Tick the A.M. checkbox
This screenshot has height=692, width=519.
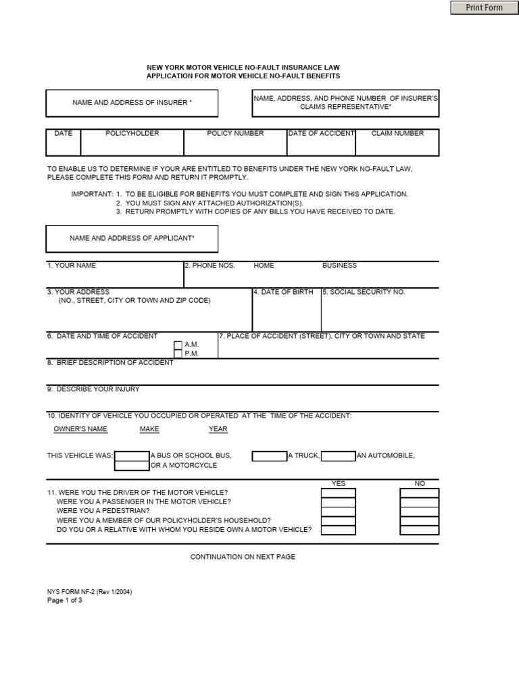[x=178, y=345]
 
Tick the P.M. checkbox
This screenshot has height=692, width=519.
[x=178, y=353]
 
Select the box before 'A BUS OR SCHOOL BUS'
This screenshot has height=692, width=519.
[x=132, y=456]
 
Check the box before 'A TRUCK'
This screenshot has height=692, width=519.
[x=270, y=456]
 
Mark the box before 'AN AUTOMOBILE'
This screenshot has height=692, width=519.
[x=338, y=456]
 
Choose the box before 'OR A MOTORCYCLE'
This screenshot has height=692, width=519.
[x=132, y=466]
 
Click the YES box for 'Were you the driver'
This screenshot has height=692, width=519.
[x=338, y=493]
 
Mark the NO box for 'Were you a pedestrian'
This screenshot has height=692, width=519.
[x=419, y=512]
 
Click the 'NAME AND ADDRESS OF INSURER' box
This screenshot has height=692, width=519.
[x=132, y=103]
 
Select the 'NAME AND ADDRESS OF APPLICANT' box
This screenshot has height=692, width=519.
[x=132, y=239]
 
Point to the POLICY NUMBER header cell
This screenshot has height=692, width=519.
[x=235, y=134]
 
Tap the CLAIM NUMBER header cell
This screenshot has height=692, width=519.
[x=397, y=134]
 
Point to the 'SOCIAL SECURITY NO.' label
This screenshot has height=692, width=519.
[x=364, y=292]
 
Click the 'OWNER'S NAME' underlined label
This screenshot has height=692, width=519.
[x=80, y=429]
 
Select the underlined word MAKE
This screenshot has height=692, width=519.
[x=149, y=429]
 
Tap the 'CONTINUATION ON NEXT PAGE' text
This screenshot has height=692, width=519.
[x=243, y=557]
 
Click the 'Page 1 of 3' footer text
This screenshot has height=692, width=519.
[x=64, y=600]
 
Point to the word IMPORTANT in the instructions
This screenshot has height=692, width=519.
[x=92, y=194]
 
